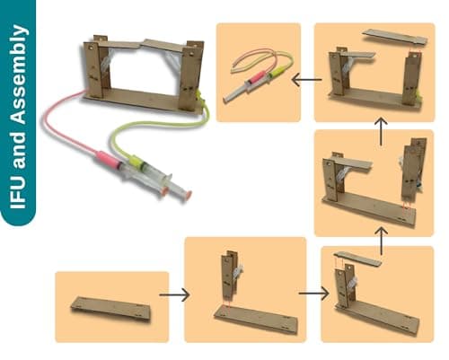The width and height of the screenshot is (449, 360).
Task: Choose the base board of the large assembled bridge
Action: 144,99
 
